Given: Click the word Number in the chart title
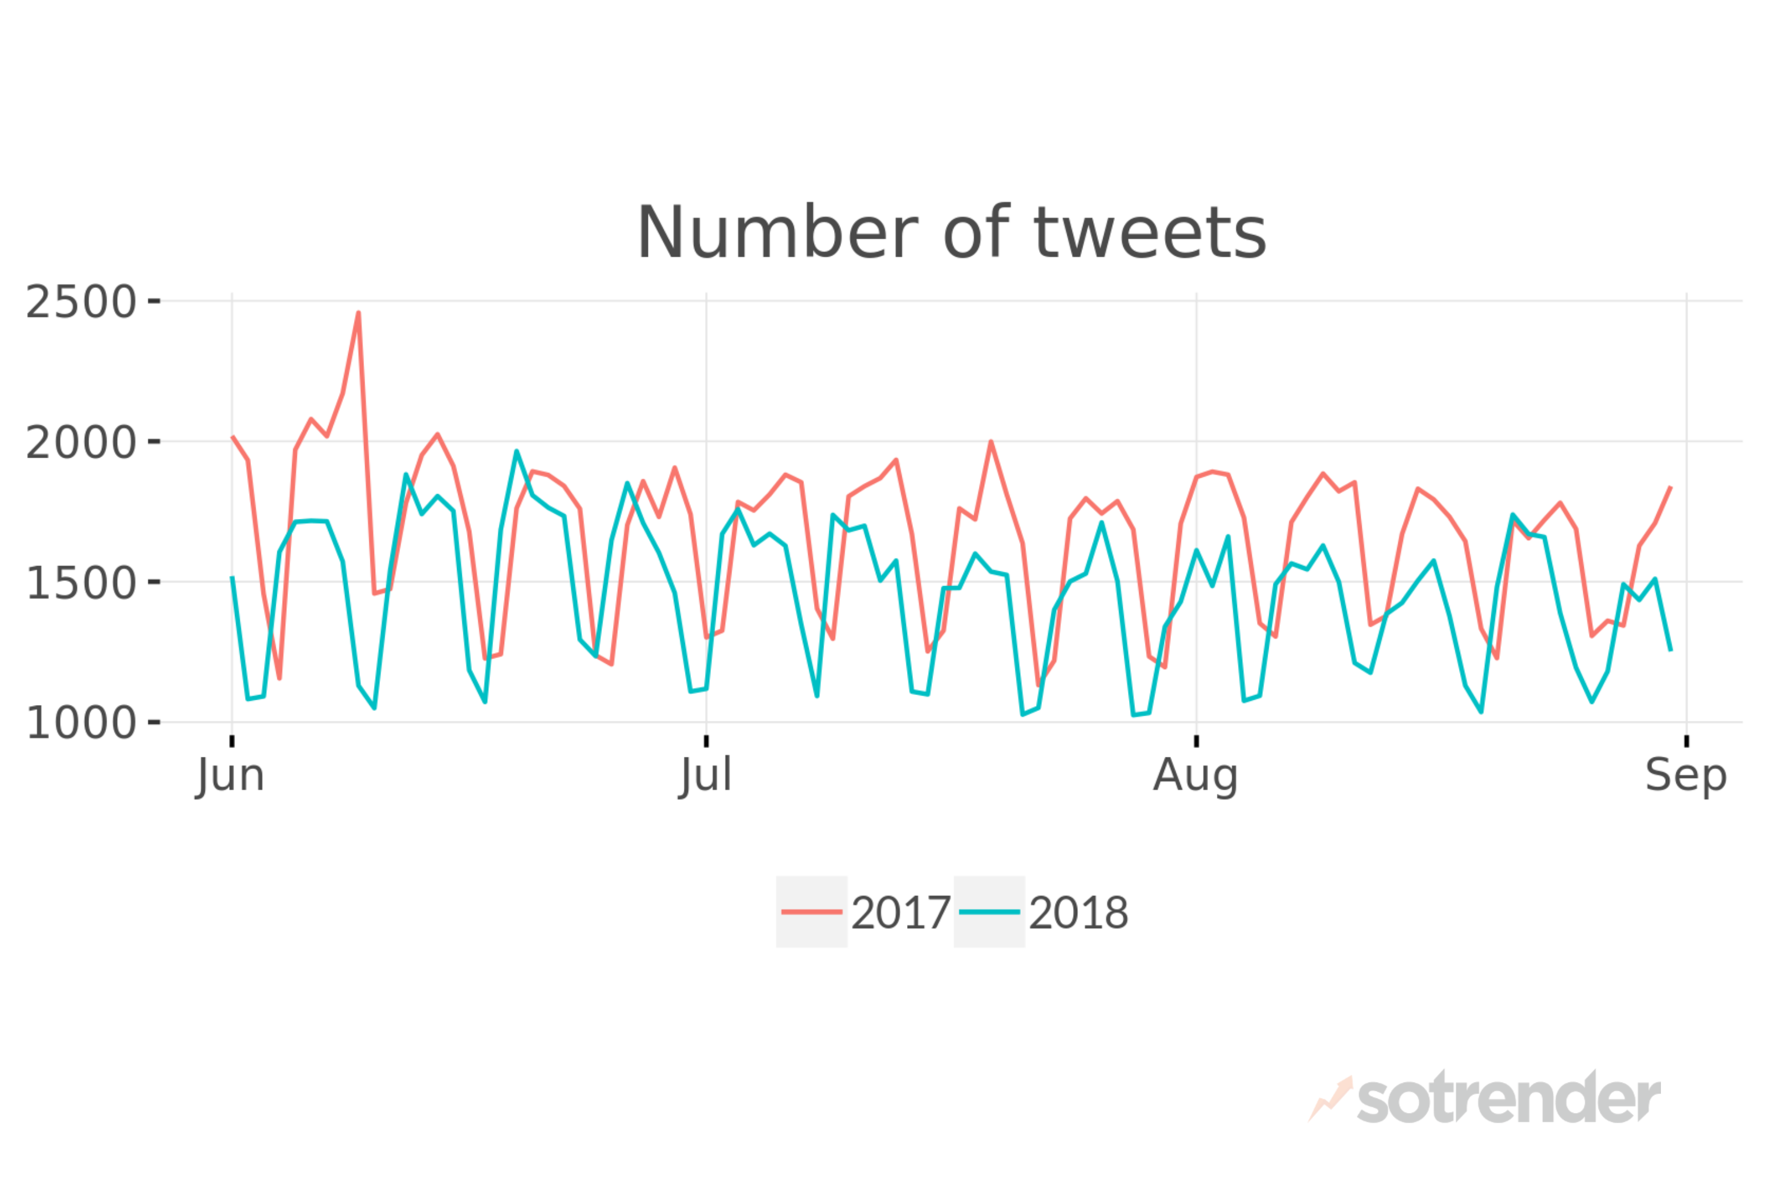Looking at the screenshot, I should (x=777, y=234).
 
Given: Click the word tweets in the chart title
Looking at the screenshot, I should (x=1150, y=234).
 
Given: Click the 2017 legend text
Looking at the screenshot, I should (x=901, y=913).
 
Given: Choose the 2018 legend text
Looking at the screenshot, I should (x=1078, y=913).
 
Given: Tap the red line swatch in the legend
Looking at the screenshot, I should (x=812, y=912).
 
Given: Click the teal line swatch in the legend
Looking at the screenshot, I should (x=989, y=912).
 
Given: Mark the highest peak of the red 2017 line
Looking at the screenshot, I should (x=358, y=313).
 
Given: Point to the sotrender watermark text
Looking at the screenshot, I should (x=1508, y=1099).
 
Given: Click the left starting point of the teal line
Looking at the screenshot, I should (x=232, y=577).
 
